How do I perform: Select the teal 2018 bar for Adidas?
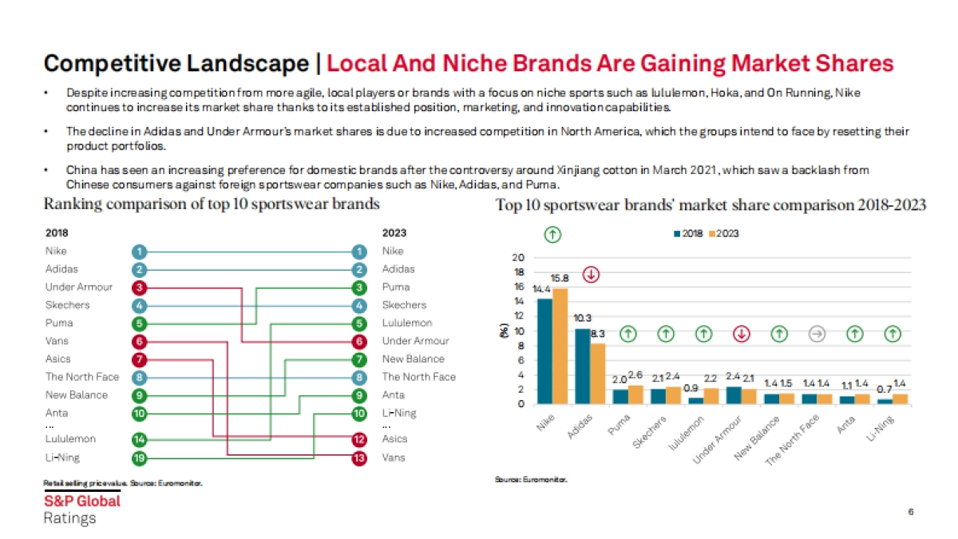583,366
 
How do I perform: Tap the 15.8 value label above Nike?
560,279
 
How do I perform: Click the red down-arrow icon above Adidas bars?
592,275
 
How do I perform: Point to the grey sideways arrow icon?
816,335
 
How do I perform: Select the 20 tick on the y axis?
518,258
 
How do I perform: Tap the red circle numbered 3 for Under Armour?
141,287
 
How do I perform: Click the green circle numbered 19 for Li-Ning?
141,458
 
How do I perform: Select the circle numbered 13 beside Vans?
360,458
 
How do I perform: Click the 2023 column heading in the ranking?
394,233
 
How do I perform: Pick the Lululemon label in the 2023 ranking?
406,323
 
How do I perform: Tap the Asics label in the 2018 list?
57,359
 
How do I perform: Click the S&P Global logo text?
81,501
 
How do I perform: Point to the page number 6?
910,511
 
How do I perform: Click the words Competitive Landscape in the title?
175,64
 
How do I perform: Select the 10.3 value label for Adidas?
584,318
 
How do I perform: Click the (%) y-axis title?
504,329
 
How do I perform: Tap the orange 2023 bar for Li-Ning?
901,398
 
